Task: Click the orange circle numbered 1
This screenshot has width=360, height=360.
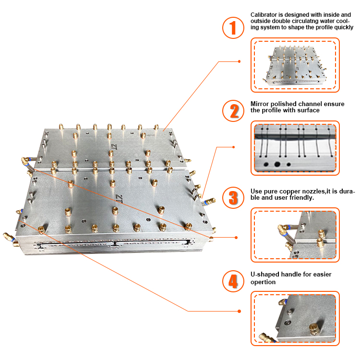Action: click(233, 27)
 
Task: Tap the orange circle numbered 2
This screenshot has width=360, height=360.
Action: click(233, 111)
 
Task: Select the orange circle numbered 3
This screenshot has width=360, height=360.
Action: click(233, 197)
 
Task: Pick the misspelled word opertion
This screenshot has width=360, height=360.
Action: click(263, 282)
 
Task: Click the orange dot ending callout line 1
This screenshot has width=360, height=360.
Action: click(240, 61)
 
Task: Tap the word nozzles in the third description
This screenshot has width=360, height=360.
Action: click(310, 191)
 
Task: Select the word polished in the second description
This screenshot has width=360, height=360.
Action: click(284, 104)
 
